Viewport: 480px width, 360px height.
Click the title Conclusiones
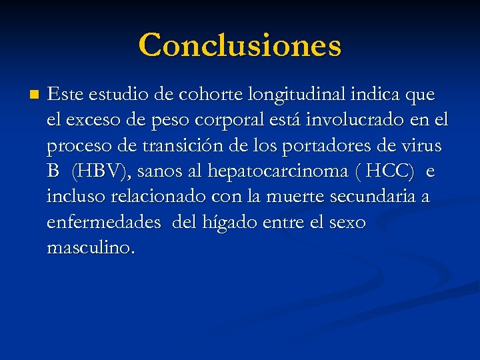[x=240, y=45]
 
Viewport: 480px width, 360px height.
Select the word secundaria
[x=380, y=197]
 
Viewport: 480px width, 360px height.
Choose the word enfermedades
[x=104, y=222]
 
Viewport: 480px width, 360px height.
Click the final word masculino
[x=91, y=247]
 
